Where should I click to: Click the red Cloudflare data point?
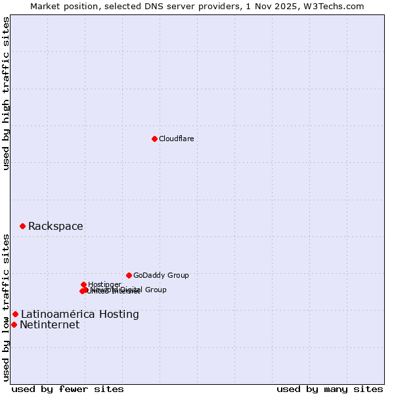[x=154, y=139]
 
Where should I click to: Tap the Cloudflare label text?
[x=176, y=139]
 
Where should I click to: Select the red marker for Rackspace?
[x=22, y=226]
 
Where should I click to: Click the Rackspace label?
[x=55, y=227]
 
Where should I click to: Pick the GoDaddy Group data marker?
[x=129, y=275]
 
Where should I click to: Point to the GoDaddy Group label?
[x=161, y=276]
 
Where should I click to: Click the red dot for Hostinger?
[x=83, y=284]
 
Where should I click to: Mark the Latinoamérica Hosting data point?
[x=15, y=314]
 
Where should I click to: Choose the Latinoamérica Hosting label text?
[x=79, y=315]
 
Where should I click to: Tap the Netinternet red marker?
[x=14, y=324]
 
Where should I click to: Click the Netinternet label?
[x=49, y=325]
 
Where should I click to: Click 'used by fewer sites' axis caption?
[x=68, y=389]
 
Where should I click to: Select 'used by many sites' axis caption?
[x=330, y=389]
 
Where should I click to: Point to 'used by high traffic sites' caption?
[x=7, y=93]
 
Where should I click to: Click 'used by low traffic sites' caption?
[x=7, y=307]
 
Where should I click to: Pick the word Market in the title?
[x=45, y=6]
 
